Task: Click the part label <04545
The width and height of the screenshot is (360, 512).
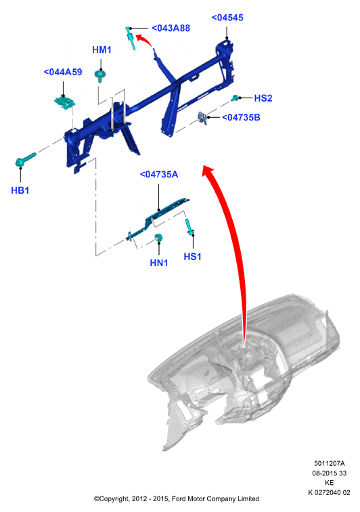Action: click(x=227, y=18)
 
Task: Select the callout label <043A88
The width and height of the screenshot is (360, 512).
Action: click(x=171, y=28)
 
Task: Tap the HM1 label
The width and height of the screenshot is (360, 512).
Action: click(x=102, y=49)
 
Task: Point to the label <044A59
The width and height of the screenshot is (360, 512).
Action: click(x=63, y=72)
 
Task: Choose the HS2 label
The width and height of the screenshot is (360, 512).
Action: click(x=263, y=98)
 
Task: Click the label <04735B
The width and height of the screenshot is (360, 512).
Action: click(x=241, y=118)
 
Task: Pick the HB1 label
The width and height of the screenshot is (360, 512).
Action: click(x=20, y=190)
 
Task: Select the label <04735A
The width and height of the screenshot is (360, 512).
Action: click(x=159, y=174)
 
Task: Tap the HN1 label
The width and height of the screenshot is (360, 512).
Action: click(x=159, y=263)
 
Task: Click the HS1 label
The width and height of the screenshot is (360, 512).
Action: click(x=193, y=257)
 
